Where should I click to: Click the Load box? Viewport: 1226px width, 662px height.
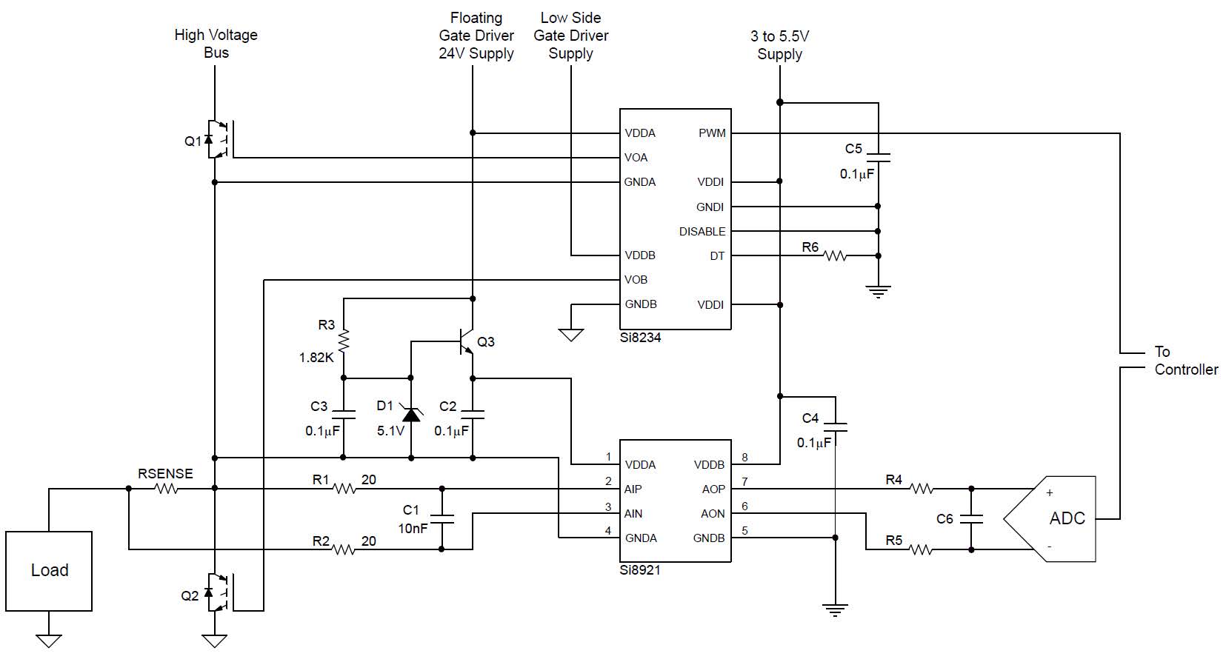click(x=49, y=570)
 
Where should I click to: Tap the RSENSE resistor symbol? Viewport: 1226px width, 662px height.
click(x=166, y=489)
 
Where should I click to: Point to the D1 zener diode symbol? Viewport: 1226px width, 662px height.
click(x=411, y=415)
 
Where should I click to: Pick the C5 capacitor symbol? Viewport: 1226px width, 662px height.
click(x=878, y=158)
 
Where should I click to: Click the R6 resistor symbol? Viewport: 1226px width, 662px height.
click(x=835, y=255)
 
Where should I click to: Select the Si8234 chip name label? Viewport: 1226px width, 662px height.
click(x=640, y=338)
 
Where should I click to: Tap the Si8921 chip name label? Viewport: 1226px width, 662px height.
click(x=640, y=570)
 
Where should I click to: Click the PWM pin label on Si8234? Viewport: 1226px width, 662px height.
click(x=712, y=133)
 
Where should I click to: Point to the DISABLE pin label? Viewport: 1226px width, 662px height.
click(x=702, y=232)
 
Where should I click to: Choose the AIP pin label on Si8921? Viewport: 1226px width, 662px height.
click(x=633, y=489)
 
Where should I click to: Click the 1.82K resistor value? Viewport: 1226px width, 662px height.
click(x=316, y=358)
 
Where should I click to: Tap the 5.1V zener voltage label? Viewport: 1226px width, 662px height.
click(x=390, y=431)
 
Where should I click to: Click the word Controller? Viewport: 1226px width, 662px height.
click(x=1186, y=370)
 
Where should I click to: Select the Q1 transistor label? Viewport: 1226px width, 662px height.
click(x=193, y=141)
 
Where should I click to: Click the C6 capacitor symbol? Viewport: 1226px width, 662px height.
click(x=971, y=518)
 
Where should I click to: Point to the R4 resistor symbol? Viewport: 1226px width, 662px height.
click(x=922, y=489)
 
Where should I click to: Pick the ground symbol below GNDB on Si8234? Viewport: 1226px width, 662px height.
click(x=571, y=335)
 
